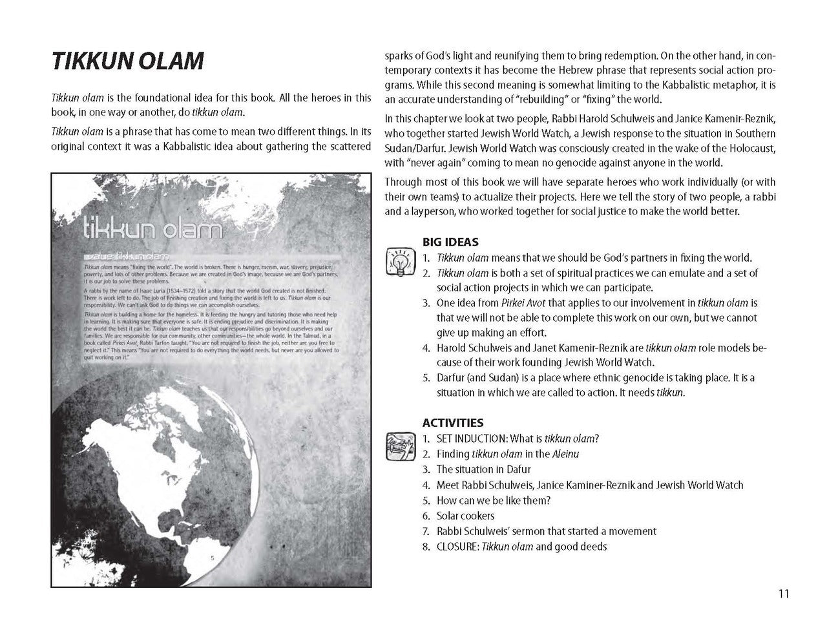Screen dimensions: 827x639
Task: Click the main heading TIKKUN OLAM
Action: tap(127, 61)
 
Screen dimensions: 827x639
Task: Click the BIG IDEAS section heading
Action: tap(450, 242)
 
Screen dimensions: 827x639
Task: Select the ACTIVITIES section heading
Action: tap(452, 423)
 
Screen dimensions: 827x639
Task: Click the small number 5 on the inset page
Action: tap(213, 558)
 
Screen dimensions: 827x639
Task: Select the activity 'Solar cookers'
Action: tap(465, 516)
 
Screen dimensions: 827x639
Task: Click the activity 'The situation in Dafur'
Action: tap(475, 469)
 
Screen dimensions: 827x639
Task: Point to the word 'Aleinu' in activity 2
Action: tap(565, 454)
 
